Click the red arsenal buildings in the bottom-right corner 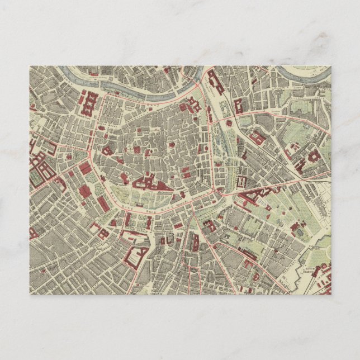[x=322, y=286]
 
